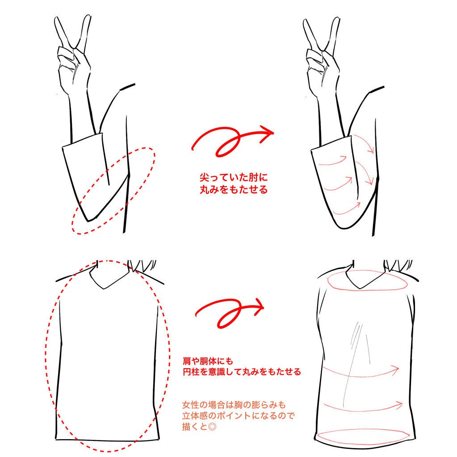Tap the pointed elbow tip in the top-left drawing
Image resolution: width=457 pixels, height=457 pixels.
(x=88, y=221)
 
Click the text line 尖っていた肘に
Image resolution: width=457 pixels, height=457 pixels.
(x=234, y=177)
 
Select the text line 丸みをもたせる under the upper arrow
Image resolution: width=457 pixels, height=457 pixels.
(x=234, y=189)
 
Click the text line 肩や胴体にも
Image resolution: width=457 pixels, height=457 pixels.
(x=208, y=361)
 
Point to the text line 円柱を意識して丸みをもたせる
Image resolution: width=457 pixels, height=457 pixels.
(x=242, y=372)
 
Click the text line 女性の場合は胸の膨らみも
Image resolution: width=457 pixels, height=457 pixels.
(x=234, y=405)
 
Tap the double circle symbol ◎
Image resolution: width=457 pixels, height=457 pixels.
(x=212, y=427)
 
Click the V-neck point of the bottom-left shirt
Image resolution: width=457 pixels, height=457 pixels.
(x=104, y=289)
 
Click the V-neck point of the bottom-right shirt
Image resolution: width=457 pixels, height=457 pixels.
(x=360, y=289)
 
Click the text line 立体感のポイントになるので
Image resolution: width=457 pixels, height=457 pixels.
(x=239, y=415)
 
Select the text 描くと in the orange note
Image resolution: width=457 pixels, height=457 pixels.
(x=195, y=427)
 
